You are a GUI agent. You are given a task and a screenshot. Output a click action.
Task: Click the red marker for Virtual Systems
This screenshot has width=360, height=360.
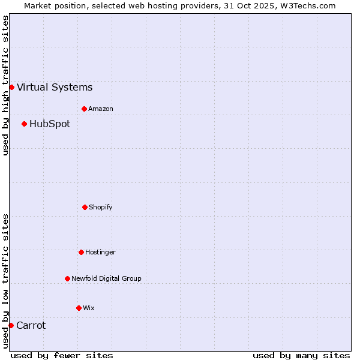[x=11, y=88]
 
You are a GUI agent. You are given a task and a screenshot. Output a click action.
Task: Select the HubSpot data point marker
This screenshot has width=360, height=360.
[x=24, y=124]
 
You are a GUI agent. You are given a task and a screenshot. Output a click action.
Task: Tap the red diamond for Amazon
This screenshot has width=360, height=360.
[x=84, y=109]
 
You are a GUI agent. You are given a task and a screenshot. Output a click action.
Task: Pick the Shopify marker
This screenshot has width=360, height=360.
[x=85, y=208]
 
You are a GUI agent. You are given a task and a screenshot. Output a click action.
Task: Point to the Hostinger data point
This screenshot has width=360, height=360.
[x=81, y=253]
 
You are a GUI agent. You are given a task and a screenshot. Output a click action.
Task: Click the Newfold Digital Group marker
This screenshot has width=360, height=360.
[x=67, y=279]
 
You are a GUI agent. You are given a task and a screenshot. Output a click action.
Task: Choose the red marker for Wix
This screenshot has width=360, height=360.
[x=79, y=308]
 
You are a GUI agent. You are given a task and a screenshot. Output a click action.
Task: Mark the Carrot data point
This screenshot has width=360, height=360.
[x=11, y=326]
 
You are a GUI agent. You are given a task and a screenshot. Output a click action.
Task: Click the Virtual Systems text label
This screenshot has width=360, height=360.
[x=55, y=88]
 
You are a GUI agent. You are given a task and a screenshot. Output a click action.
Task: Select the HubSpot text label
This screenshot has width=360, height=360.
[x=50, y=124]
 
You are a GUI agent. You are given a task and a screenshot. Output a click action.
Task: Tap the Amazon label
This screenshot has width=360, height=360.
[x=101, y=109]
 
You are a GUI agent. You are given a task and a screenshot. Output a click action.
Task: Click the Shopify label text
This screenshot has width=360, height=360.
[x=101, y=208]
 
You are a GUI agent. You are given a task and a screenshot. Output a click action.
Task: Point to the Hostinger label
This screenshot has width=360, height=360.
[x=100, y=253]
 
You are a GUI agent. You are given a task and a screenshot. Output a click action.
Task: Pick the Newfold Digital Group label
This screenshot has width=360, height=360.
[x=107, y=279]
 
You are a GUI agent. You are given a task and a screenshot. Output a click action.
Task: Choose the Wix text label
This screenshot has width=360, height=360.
[x=89, y=308]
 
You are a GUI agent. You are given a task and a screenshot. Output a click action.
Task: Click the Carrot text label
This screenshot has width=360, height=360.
[x=31, y=326]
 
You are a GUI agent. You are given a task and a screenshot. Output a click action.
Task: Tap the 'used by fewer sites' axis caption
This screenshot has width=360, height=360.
[x=62, y=355]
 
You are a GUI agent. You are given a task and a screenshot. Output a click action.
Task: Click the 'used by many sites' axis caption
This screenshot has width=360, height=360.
[x=301, y=355]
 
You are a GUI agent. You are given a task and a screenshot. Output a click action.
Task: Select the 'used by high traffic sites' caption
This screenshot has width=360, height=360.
[x=5, y=85]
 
